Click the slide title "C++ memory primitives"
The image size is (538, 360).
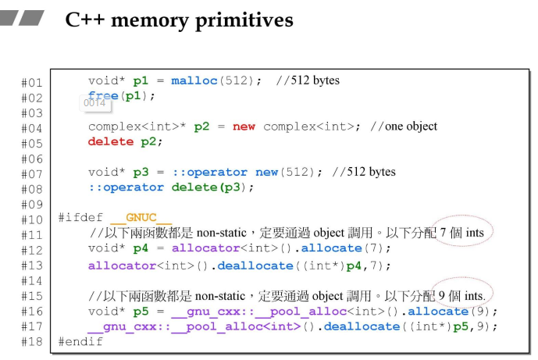179,20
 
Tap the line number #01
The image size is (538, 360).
32,82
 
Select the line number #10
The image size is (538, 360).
32,219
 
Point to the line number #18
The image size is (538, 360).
32,341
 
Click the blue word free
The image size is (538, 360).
103,96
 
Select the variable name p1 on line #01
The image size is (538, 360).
141,80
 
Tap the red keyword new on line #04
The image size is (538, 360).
244,127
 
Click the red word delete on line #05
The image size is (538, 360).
110,141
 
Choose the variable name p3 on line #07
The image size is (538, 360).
141,172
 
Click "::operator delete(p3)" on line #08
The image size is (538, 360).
171,187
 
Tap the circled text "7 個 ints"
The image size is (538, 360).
461,233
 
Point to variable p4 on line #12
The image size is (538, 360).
141,248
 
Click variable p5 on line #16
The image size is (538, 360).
141,311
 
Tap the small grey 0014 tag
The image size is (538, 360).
94,102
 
